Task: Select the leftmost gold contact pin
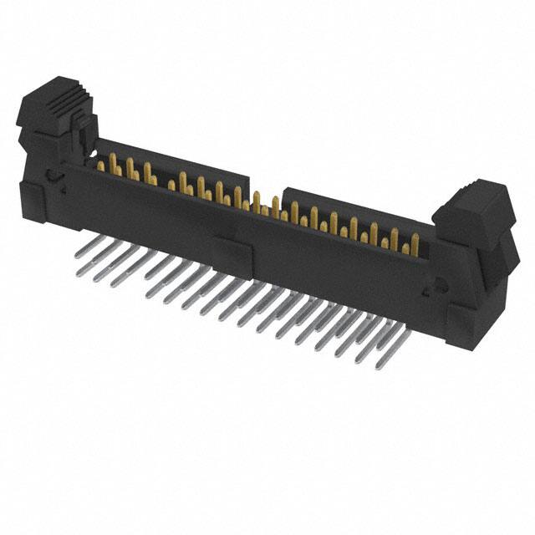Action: coord(101,166)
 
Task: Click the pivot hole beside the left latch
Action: coord(53,176)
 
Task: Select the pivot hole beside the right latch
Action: coord(432,288)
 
